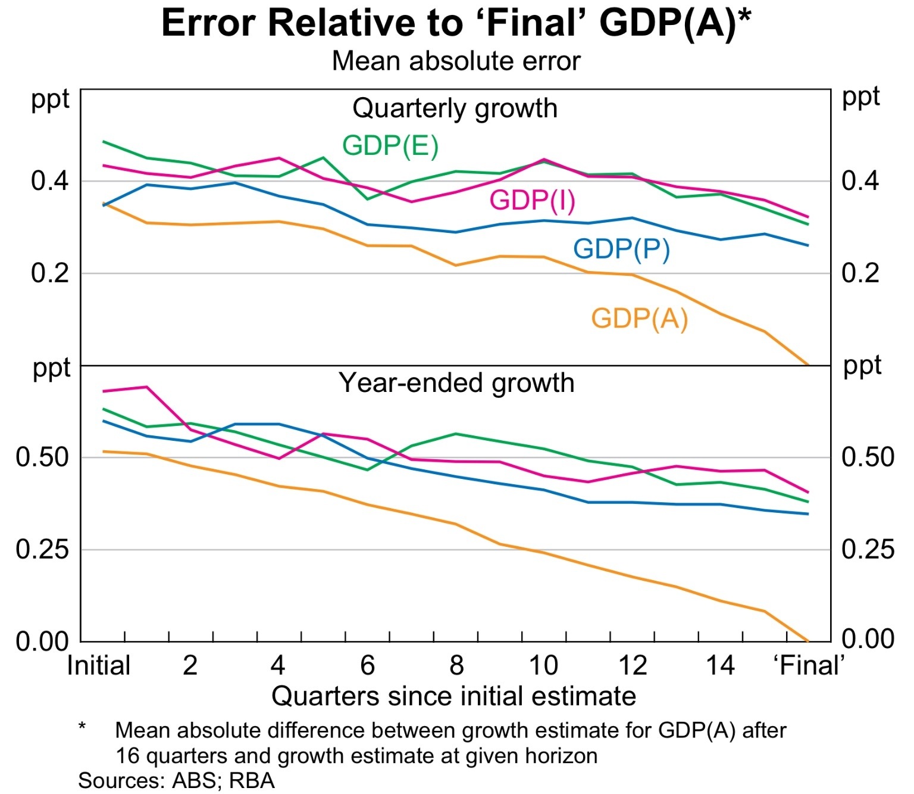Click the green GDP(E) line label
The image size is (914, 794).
click(x=390, y=146)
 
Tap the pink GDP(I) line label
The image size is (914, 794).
click(x=532, y=200)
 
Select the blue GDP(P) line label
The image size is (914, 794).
click(x=621, y=249)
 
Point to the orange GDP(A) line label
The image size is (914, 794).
click(x=639, y=319)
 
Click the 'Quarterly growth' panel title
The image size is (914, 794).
click(x=455, y=109)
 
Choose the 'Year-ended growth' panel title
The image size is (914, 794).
click(x=456, y=383)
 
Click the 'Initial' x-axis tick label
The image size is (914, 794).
click(x=99, y=665)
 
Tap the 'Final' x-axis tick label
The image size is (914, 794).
click(x=809, y=665)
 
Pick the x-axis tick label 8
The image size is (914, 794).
click(x=456, y=665)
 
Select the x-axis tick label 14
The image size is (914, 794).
click(x=721, y=665)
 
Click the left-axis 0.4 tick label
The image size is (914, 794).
click(x=50, y=181)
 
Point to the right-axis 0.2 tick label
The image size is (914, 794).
click(x=860, y=273)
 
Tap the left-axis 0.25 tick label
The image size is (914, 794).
click(x=42, y=549)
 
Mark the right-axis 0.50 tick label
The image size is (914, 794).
click(x=868, y=457)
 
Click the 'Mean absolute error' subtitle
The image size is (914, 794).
click(x=456, y=61)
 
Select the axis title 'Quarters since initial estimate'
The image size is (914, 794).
click(x=453, y=696)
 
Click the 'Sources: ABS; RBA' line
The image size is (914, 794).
click(x=176, y=780)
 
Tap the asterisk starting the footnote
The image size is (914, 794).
click(x=82, y=727)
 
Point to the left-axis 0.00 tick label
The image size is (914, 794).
click(x=42, y=642)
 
